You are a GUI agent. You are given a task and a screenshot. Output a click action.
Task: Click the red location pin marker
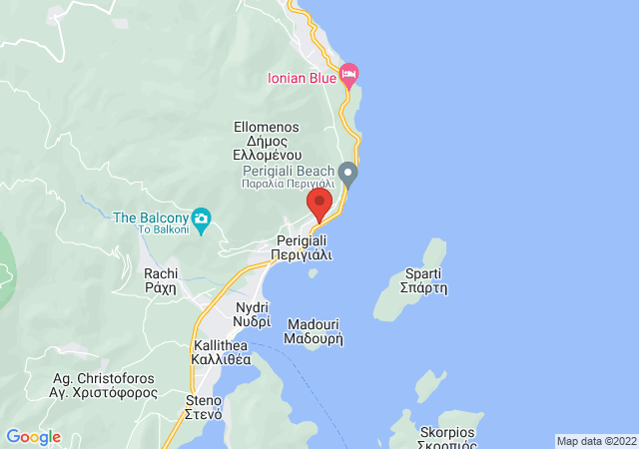click(x=319, y=205)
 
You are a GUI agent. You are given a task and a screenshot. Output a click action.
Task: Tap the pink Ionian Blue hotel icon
click(x=348, y=73)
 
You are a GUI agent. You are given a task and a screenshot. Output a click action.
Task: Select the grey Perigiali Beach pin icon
click(x=347, y=174)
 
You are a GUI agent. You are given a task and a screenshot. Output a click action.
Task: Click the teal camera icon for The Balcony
click(x=201, y=219)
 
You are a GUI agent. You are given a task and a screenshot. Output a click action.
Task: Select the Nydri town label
click(x=253, y=314)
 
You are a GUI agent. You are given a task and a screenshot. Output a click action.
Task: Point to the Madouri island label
click(x=315, y=331)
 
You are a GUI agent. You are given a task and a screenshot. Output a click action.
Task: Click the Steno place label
click(x=204, y=407)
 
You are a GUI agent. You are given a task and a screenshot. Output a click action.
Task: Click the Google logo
click(x=33, y=437)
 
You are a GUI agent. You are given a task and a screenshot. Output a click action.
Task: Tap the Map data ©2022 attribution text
click(x=596, y=441)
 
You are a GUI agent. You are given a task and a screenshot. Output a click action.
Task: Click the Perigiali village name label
click(x=302, y=248)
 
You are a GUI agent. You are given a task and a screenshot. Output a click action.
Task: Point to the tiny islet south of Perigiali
click(x=313, y=272)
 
